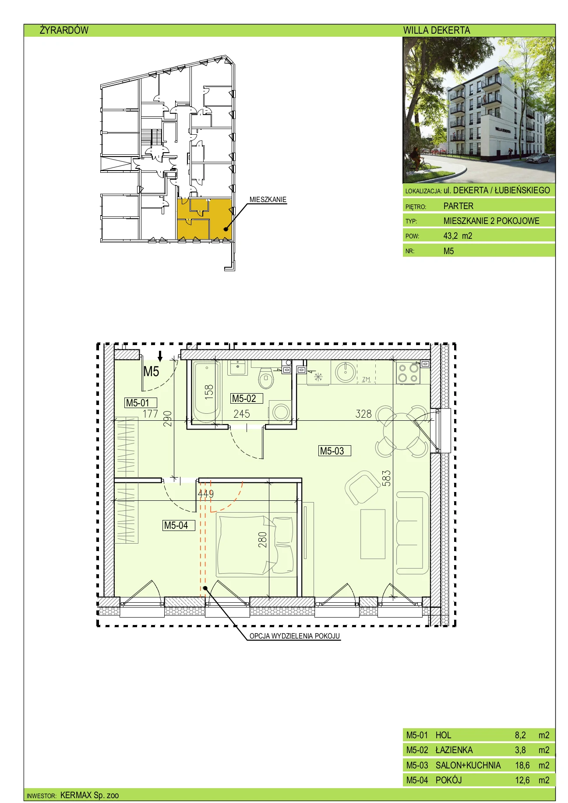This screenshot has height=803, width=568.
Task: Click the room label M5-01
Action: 138,403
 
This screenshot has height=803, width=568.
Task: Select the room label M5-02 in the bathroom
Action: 244,398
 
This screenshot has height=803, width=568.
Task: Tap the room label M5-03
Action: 332,451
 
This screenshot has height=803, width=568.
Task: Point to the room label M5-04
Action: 176,525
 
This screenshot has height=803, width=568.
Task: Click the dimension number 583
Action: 386,478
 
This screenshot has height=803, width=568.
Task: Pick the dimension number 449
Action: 206,493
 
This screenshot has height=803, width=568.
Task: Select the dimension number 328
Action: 363,414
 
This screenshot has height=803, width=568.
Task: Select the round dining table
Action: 402,432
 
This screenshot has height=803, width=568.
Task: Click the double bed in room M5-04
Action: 256,545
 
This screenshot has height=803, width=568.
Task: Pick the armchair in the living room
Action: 362,487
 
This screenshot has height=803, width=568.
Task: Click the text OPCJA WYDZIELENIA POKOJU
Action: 295,636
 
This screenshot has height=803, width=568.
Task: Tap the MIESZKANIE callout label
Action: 268,199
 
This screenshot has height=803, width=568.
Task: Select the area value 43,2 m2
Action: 458,236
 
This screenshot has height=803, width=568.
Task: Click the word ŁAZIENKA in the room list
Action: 454,750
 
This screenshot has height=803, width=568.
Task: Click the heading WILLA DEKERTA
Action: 437,30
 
